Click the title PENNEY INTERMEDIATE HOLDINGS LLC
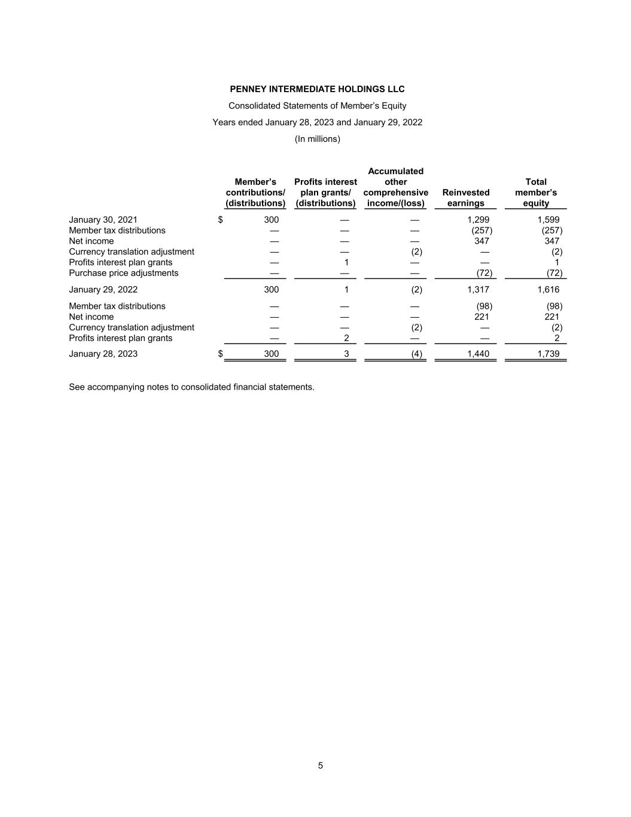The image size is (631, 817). tap(317, 89)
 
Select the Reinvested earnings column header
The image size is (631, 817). tap(465, 198)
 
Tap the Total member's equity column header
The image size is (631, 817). tap(535, 192)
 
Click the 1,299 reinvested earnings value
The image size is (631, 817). tap(478, 220)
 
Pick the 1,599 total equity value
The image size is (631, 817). tap(548, 220)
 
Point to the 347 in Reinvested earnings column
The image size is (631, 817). tap(481, 241)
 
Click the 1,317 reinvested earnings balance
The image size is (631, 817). tap(478, 290)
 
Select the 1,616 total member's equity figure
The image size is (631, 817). tap(548, 290)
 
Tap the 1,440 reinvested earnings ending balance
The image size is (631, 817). tap(478, 354)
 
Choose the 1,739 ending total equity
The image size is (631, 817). tap(548, 354)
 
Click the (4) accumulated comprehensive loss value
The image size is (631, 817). tap(416, 354)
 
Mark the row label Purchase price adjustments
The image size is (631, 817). tap(123, 273)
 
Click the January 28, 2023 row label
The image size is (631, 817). tap(103, 354)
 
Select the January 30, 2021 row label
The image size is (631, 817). tap(103, 220)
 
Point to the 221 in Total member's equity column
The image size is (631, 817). tap(551, 317)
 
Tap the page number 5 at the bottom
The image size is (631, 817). tap(320, 766)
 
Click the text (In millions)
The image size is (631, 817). tap(317, 139)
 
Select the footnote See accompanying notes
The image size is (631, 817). tap(191, 387)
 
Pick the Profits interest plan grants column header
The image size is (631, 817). tap(325, 192)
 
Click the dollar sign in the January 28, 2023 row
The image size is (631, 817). tap(220, 354)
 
